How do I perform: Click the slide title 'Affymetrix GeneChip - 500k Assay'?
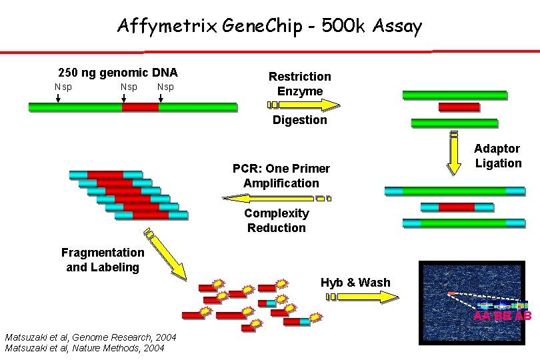point(269,26)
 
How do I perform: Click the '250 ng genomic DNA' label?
point(118,73)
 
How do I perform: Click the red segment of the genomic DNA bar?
point(141,107)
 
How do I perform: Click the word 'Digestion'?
point(299,120)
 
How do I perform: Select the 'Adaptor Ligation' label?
point(497,156)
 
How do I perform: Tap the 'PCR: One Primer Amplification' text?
point(281,175)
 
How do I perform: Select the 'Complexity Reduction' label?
point(276,221)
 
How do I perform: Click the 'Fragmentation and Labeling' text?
point(102,259)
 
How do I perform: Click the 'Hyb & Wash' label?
point(355,282)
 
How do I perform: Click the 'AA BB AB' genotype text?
point(502,316)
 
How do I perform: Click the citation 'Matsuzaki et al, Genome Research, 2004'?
point(90,338)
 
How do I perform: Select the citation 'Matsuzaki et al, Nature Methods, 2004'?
point(85,348)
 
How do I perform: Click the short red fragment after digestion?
point(459,107)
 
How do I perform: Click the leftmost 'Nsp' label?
point(63,87)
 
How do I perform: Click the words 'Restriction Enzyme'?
point(299,84)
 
